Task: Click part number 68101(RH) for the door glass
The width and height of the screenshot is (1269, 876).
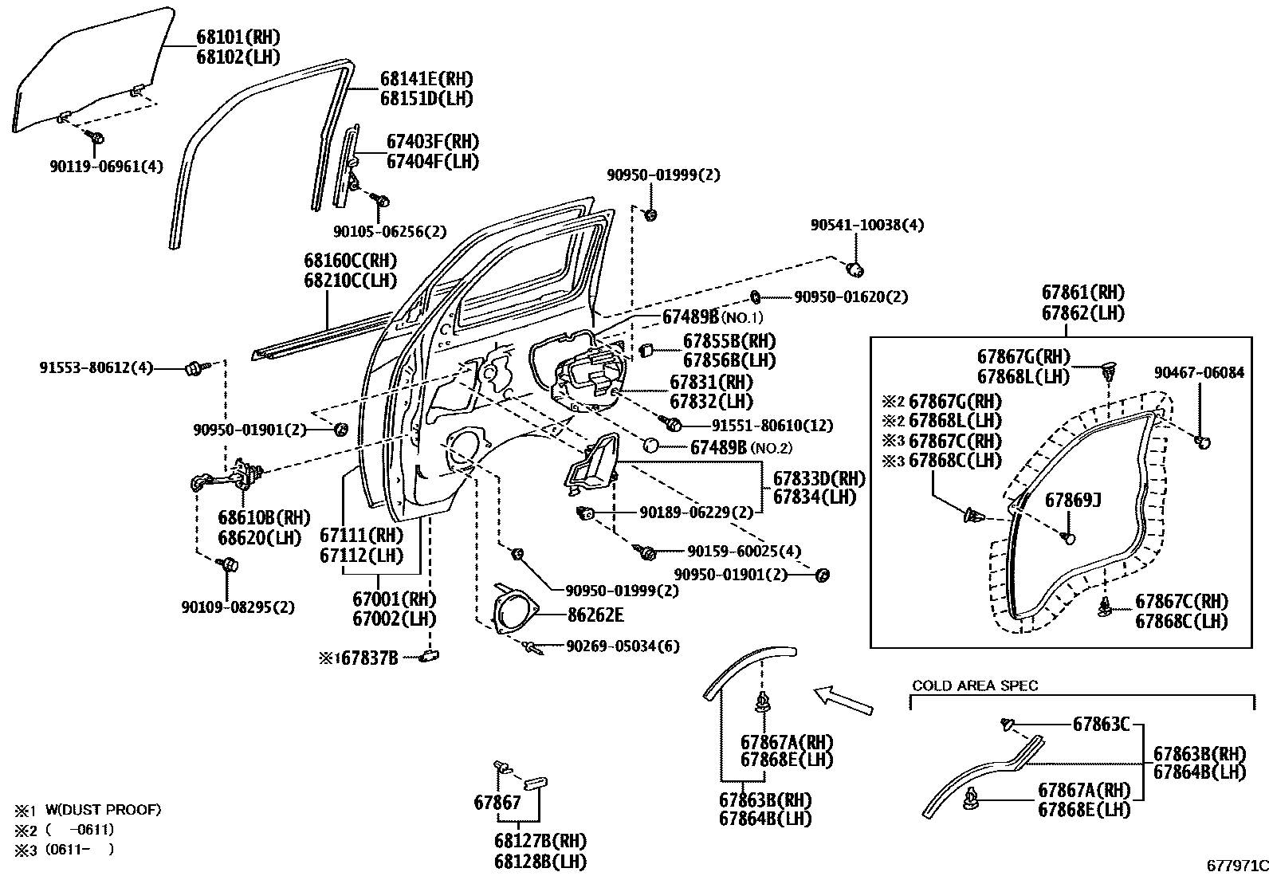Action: click(238, 37)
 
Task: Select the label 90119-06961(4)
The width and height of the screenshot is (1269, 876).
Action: click(105, 167)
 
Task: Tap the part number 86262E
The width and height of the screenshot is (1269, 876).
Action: click(595, 615)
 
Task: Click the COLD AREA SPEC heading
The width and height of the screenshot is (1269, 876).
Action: click(975, 685)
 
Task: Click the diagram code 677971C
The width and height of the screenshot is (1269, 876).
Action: click(1236, 865)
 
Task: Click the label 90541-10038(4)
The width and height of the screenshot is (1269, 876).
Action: click(867, 226)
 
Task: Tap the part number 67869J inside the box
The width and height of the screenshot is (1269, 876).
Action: click(1073, 500)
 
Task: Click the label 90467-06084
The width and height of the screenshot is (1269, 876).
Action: click(1199, 372)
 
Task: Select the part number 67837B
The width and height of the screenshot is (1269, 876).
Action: click(368, 658)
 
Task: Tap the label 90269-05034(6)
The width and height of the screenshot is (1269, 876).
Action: click(623, 646)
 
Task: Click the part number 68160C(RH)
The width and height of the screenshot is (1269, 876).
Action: click(350, 261)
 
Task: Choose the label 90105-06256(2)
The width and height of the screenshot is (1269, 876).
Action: click(390, 231)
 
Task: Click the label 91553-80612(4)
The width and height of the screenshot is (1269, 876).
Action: click(96, 368)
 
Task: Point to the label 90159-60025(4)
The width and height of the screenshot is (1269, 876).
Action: click(744, 551)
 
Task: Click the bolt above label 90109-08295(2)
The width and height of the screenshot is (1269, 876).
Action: click(227, 565)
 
